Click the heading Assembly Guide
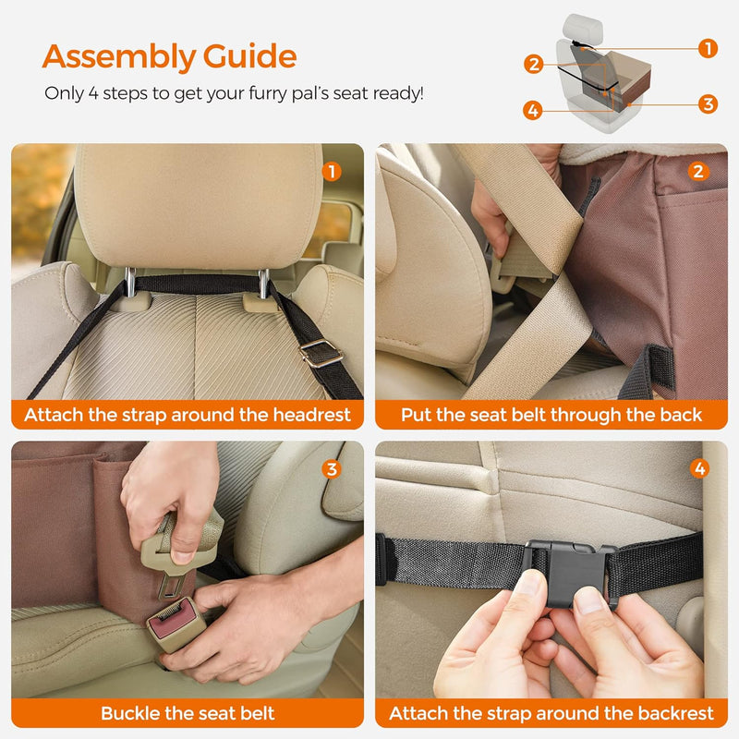tap(169, 57)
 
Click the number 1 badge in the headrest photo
tap(333, 171)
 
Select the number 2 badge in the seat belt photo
tap(698, 171)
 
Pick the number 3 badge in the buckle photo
tap(333, 469)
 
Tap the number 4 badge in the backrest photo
tap(699, 469)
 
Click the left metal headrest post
tap(131, 283)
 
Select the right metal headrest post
tap(264, 283)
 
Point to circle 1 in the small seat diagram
tap(708, 49)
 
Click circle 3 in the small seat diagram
tap(708, 104)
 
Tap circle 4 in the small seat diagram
tap(532, 111)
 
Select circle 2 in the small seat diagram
tap(533, 65)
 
